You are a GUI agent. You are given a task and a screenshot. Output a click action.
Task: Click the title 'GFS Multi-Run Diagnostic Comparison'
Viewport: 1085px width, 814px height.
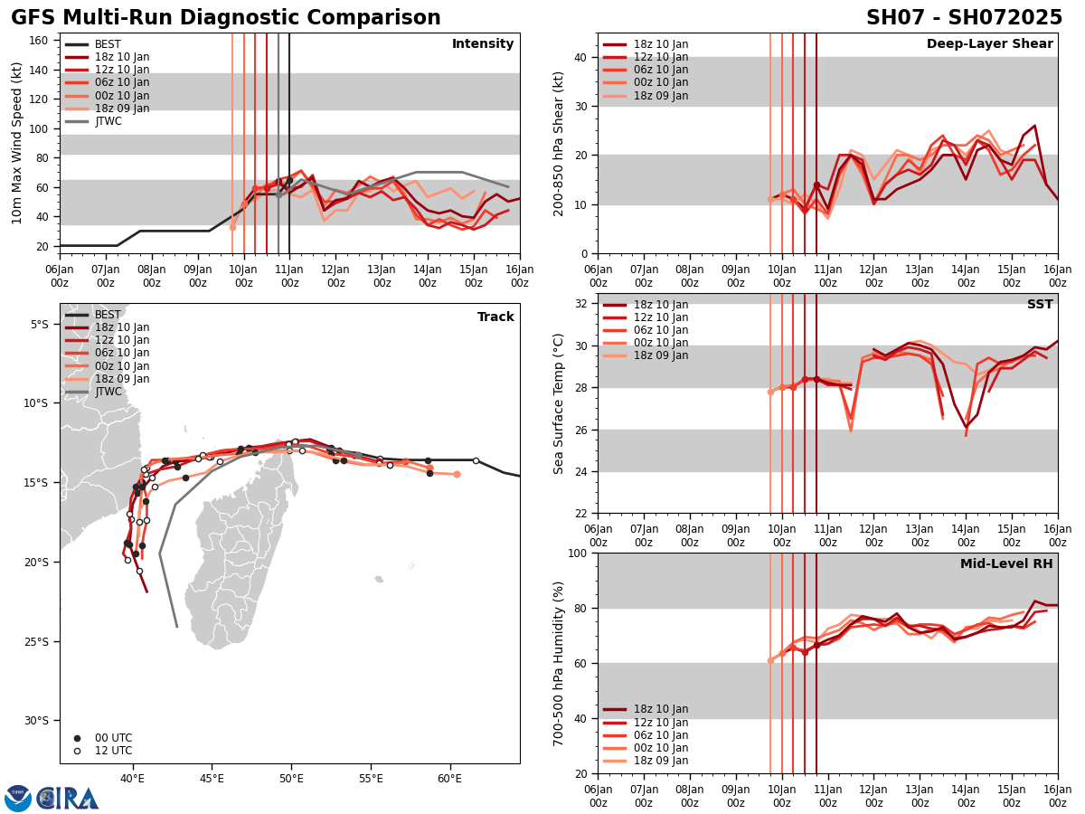click(226, 18)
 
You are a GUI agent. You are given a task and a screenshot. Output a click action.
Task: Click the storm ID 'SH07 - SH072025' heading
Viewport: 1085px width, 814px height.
click(964, 18)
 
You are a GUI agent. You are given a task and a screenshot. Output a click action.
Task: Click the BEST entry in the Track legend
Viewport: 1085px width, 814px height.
click(108, 315)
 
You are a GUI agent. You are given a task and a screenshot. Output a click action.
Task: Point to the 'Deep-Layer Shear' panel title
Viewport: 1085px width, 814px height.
click(989, 44)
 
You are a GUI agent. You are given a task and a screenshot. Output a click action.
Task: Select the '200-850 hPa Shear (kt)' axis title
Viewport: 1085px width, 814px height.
click(559, 144)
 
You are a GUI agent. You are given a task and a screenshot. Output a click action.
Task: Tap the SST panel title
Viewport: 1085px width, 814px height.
click(1039, 305)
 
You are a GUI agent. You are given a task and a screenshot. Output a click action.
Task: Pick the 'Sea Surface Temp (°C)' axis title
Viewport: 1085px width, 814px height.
click(559, 403)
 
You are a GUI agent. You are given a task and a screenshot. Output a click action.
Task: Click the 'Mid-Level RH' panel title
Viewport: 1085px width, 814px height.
click(1005, 564)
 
